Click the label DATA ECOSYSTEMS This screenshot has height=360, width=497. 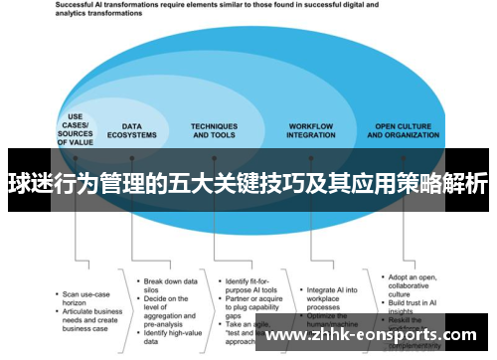pyautogui.click(x=139, y=131)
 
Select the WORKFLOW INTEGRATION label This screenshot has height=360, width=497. pyautogui.click(x=311, y=131)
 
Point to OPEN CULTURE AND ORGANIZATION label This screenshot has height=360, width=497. pyautogui.click(x=406, y=131)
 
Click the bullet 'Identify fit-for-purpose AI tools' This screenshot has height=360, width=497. pyautogui.click(x=248, y=257)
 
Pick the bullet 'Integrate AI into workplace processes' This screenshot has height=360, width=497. pyautogui.click(x=329, y=266)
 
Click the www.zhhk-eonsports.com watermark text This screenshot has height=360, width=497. pyautogui.click(x=374, y=334)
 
